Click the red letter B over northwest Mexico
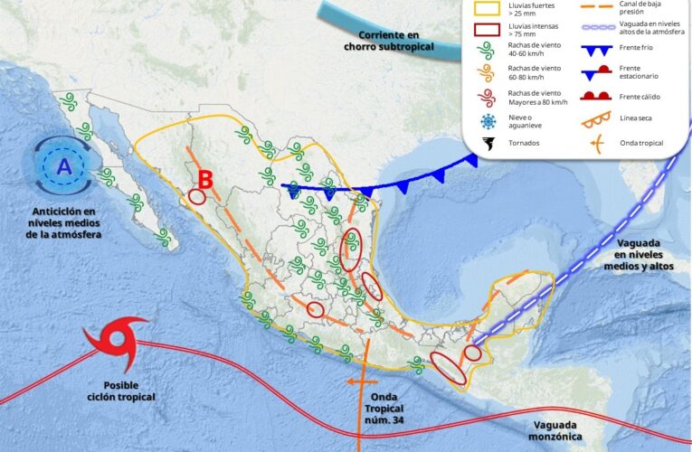(205, 179)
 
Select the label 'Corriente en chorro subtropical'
(390, 41)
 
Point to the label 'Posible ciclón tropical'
(121, 390)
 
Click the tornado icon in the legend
(488, 143)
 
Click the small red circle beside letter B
(197, 196)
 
